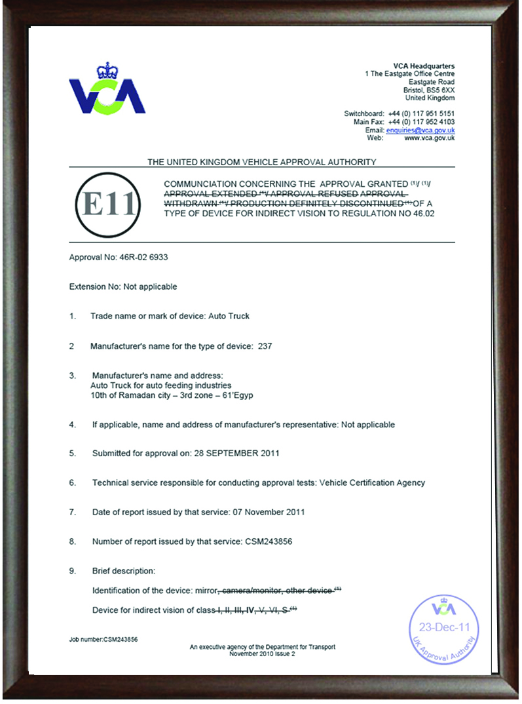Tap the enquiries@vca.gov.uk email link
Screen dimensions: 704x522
click(x=420, y=130)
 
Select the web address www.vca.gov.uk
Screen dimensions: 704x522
click(x=430, y=138)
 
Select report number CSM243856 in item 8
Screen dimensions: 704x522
click(x=274, y=541)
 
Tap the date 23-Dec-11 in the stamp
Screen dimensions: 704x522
click(x=445, y=626)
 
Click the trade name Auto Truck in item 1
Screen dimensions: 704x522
click(x=229, y=316)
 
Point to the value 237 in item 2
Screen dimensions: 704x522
click(x=265, y=345)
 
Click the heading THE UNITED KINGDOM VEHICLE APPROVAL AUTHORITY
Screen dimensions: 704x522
click(x=261, y=161)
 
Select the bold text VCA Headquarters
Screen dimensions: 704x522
click(x=424, y=66)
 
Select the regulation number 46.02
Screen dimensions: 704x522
click(x=422, y=214)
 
